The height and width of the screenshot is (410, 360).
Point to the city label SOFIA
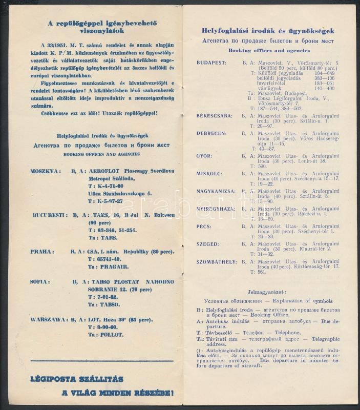pos(39,281)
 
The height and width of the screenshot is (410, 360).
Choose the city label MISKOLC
pos(209,173)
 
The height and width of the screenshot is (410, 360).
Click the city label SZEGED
pos(207,244)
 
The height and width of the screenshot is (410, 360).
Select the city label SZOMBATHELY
pos(217,262)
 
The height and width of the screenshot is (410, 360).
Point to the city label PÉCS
pos(204,227)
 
